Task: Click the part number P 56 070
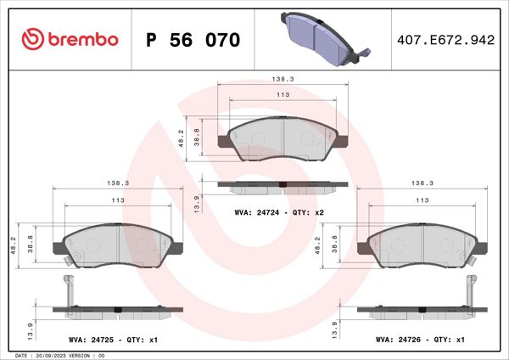(193, 40)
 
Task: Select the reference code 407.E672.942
(445, 40)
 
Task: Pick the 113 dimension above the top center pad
(283, 95)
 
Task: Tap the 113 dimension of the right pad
(421, 201)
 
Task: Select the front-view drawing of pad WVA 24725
(115, 247)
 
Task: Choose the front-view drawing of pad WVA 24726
(420, 247)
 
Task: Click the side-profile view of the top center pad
(282, 184)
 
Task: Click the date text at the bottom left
(59, 354)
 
